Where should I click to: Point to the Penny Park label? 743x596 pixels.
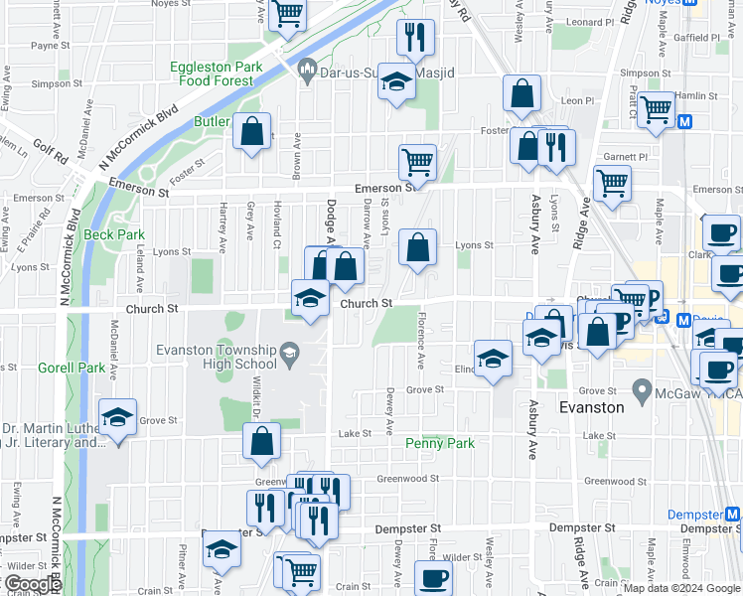pyautogui.click(x=440, y=443)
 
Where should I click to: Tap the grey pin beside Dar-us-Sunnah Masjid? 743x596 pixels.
pyautogui.click(x=307, y=69)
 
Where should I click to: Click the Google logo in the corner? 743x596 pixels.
pyautogui.click(x=32, y=584)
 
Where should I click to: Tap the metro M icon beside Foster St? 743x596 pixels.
pyautogui.click(x=684, y=121)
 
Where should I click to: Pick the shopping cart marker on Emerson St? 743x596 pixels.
pyautogui.click(x=418, y=161)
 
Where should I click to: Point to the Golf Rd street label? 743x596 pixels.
pyautogui.click(x=49, y=151)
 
